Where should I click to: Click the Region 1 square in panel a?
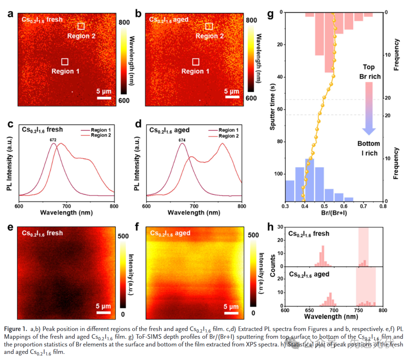tap(65, 62)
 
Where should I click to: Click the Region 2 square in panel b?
tap(209, 26)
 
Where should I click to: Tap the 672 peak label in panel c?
tap(53, 140)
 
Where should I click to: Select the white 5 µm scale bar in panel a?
tap(104, 98)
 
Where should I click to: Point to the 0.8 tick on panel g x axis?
tap(383, 206)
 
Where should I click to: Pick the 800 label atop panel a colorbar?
tap(125, 22)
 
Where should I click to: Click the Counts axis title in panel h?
tap(273, 267)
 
